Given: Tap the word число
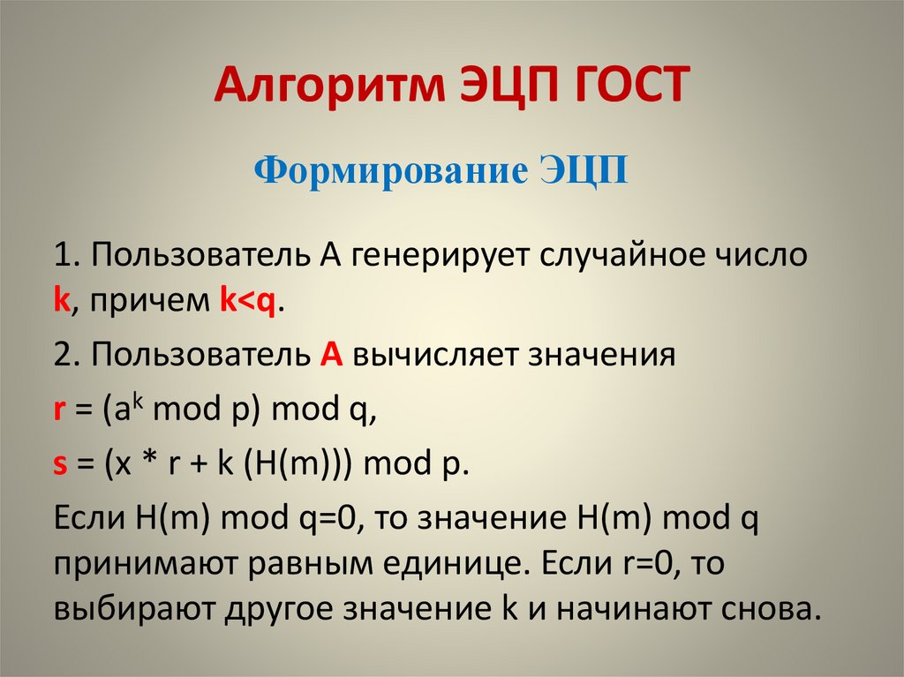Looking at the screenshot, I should [x=767, y=257].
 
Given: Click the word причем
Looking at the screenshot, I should [x=140, y=302].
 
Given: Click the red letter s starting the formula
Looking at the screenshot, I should [x=60, y=465].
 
